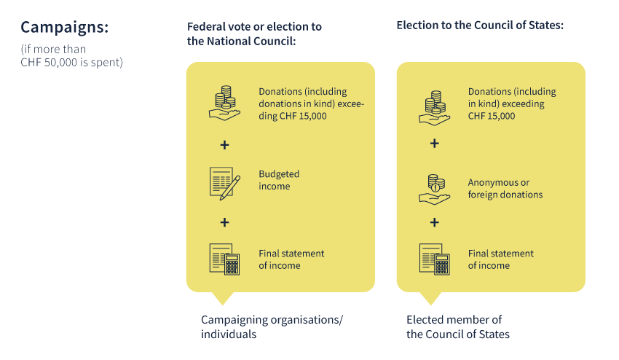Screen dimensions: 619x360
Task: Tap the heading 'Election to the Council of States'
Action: click(x=480, y=26)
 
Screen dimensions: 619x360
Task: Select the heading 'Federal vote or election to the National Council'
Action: click(x=254, y=34)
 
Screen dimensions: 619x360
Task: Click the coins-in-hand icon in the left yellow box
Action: click(x=224, y=103)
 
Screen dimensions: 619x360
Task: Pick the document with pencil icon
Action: click(x=224, y=184)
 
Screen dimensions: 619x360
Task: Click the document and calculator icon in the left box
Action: click(x=224, y=259)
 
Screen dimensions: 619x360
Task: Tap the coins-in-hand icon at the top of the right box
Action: click(x=434, y=108)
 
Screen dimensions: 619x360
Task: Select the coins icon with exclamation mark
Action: click(x=434, y=189)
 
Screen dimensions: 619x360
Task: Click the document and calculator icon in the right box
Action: click(x=434, y=259)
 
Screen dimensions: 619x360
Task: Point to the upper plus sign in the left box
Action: click(x=224, y=145)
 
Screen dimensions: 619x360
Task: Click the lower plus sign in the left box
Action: click(x=224, y=222)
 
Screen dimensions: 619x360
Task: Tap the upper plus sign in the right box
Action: click(x=434, y=143)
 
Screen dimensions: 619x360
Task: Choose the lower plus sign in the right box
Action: click(x=434, y=222)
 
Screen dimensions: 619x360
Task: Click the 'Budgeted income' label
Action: click(x=279, y=180)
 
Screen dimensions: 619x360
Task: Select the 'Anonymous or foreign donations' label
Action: click(x=505, y=189)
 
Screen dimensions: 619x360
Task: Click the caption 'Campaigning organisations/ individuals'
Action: click(x=272, y=326)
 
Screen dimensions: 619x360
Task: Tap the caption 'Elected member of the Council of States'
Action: click(x=458, y=326)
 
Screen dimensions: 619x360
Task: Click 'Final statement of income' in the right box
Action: click(x=500, y=259)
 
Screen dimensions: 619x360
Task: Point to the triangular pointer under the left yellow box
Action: click(x=223, y=297)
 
